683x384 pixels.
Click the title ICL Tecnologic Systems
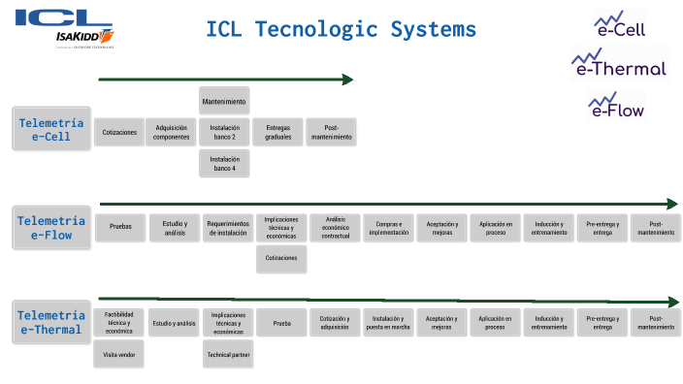point(341,29)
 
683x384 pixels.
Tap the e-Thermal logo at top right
point(619,63)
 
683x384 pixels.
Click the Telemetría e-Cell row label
point(51,130)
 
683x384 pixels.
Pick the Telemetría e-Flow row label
point(51,227)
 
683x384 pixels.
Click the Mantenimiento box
point(224,102)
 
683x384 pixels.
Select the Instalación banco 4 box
point(224,164)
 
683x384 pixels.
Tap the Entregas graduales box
point(277,132)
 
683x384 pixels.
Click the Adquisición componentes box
point(172,132)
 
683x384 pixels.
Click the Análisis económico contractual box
point(336,228)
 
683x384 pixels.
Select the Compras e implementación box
point(389,228)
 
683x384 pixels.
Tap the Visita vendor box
point(119,355)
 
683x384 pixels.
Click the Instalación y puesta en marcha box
point(389,323)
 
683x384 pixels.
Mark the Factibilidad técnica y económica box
point(119,323)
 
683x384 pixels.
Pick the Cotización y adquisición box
point(336,323)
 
